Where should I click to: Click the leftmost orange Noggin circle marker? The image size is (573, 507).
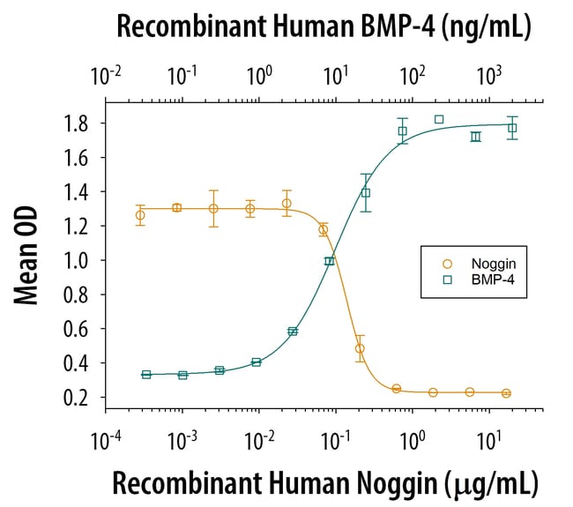point(140,215)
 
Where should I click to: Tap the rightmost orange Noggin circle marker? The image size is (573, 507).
point(506,393)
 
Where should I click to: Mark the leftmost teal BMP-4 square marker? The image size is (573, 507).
point(146,375)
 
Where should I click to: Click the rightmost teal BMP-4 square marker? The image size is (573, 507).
point(512,128)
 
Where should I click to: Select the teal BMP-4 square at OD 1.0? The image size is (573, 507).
point(330,261)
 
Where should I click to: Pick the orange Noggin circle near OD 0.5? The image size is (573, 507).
point(360,348)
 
